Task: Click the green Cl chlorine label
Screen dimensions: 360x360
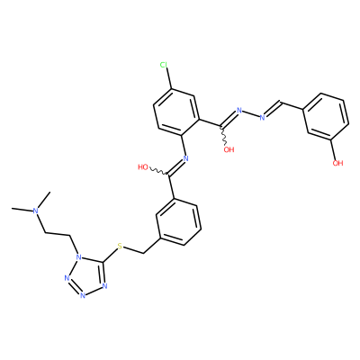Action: coord(164,65)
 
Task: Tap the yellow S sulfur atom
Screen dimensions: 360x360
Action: coord(120,247)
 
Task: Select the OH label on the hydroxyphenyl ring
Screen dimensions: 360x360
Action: coord(337,163)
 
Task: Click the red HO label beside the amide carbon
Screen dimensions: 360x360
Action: coord(143,167)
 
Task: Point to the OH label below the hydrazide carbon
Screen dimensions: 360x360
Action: coord(229,149)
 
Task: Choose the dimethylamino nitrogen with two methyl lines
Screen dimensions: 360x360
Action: coord(36,211)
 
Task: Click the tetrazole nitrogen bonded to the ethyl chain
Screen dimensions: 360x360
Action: coord(78,257)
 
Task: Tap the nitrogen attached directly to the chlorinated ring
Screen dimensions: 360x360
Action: coord(185,158)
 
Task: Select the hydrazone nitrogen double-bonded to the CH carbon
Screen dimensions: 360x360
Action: coord(263,117)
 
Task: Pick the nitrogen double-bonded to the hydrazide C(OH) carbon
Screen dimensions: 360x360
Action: coord(239,111)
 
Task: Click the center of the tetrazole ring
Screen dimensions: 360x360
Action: coord(87,276)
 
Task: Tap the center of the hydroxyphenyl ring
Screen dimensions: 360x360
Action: coord(325,117)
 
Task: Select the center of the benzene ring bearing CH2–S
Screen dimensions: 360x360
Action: coord(177,222)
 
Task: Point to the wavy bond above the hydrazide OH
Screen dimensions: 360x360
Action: coord(224,135)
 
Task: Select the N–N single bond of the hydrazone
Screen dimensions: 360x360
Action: coord(251,114)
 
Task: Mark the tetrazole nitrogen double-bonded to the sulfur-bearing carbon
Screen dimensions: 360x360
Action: coord(104,285)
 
